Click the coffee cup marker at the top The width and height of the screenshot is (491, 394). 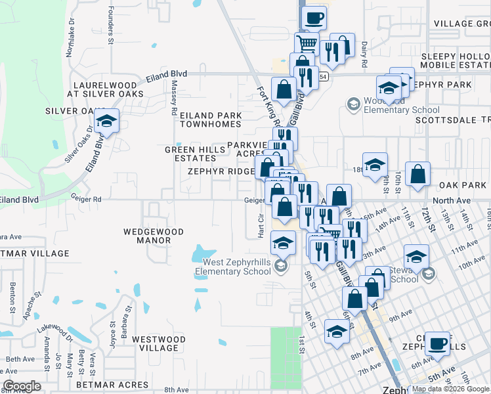point(314,18)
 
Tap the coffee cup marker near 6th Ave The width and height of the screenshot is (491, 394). point(437,342)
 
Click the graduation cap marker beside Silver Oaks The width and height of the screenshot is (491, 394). point(106,121)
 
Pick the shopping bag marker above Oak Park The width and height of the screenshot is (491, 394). point(417,175)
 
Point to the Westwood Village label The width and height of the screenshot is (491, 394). point(154,343)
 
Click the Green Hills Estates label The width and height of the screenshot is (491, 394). point(190,154)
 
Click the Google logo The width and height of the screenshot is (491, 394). point(22,386)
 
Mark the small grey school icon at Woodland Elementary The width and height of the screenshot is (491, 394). point(353,104)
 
